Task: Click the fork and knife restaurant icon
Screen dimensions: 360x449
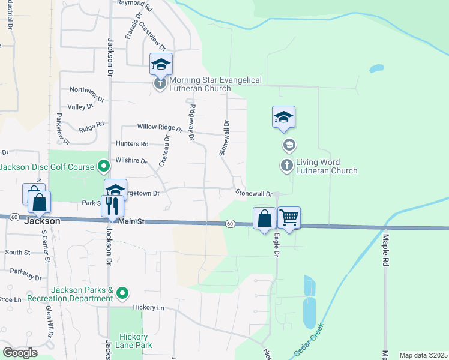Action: click(x=113, y=206)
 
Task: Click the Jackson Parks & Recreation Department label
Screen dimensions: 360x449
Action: click(x=82, y=294)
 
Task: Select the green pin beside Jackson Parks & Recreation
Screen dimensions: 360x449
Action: click(x=122, y=293)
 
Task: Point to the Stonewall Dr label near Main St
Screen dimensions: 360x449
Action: click(x=254, y=193)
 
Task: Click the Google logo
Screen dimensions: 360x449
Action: click(x=20, y=353)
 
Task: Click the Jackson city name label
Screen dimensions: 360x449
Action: click(x=42, y=221)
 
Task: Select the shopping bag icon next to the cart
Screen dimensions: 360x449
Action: click(x=264, y=218)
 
